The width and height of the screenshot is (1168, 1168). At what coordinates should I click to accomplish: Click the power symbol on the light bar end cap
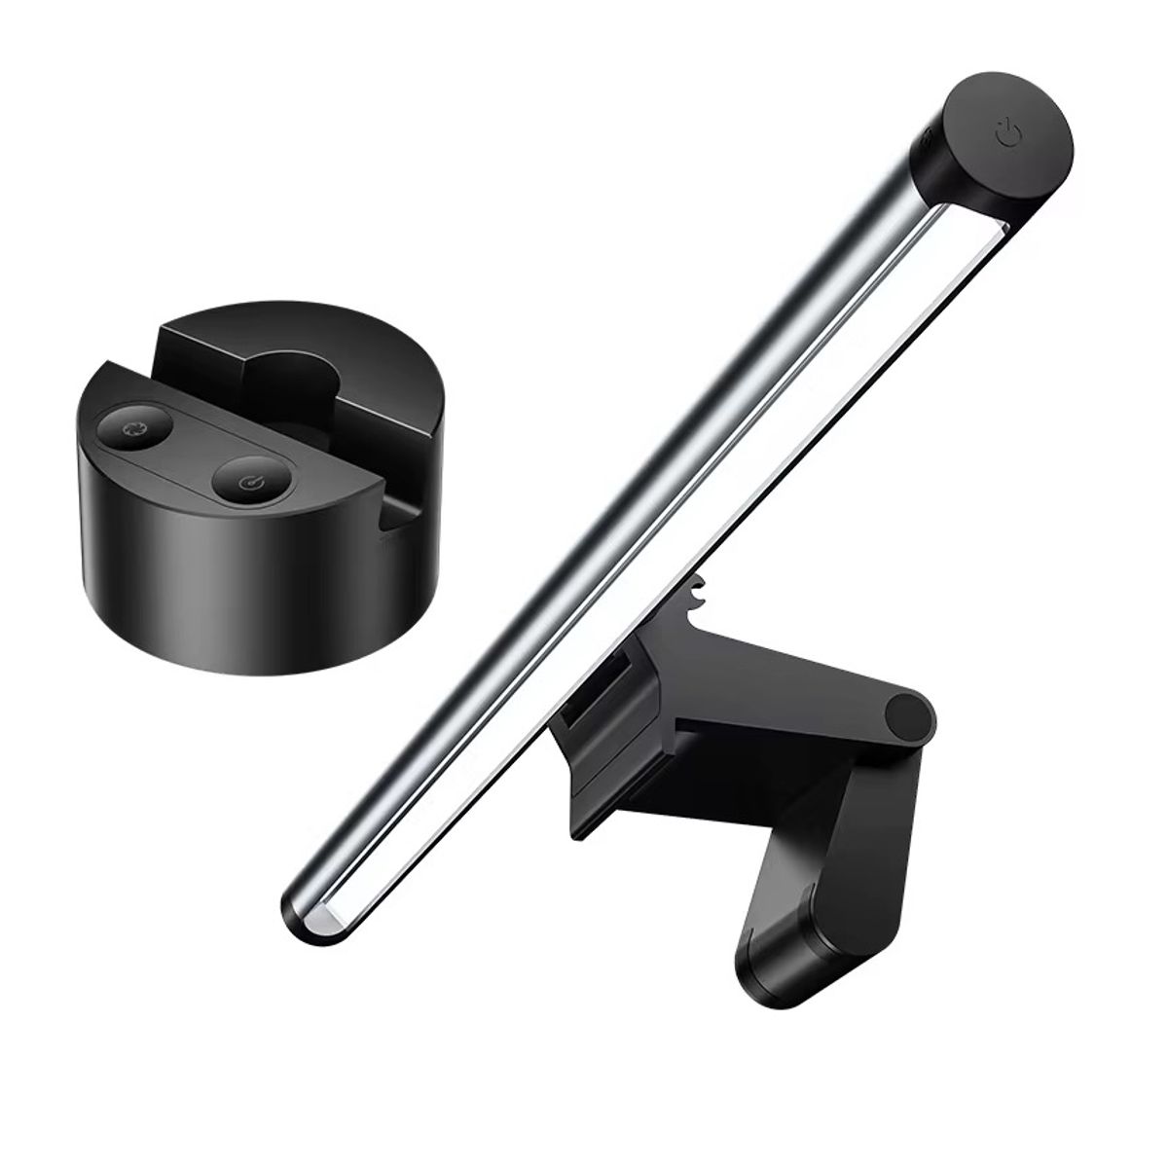click(x=1008, y=130)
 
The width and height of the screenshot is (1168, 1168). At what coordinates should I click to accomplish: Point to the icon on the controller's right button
click(x=249, y=481)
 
